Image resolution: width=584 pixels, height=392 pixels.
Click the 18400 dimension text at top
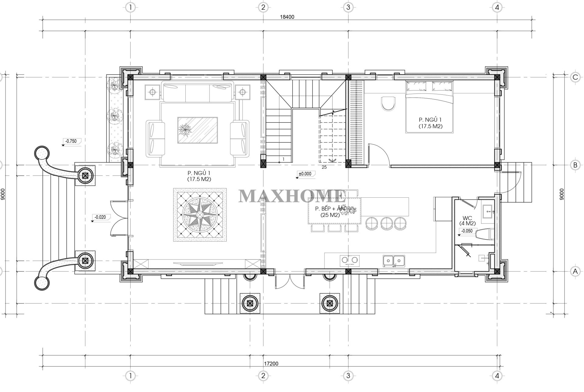click(287, 17)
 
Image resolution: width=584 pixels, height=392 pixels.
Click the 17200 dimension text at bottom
click(271, 363)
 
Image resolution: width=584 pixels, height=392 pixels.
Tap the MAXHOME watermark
click(292, 196)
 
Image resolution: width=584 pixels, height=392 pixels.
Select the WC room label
click(467, 218)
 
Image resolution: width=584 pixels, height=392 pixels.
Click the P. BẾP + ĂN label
click(330, 209)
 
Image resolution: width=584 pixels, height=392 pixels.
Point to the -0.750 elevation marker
click(71, 141)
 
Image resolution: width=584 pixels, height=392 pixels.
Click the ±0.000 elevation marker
click(305, 174)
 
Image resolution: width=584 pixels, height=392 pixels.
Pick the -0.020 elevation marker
click(101, 217)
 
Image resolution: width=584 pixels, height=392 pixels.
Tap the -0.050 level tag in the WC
click(467, 231)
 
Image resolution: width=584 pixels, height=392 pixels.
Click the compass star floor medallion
click(200, 215)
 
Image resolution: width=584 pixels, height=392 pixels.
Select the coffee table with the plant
click(198, 130)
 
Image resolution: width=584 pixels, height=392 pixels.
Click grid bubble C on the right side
click(575, 77)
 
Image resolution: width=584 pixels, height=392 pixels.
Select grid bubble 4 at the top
click(497, 7)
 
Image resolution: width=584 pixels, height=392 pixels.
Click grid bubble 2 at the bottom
click(263, 384)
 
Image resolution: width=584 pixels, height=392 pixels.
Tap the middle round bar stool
click(385, 223)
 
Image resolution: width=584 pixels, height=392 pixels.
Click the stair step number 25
click(324, 167)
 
